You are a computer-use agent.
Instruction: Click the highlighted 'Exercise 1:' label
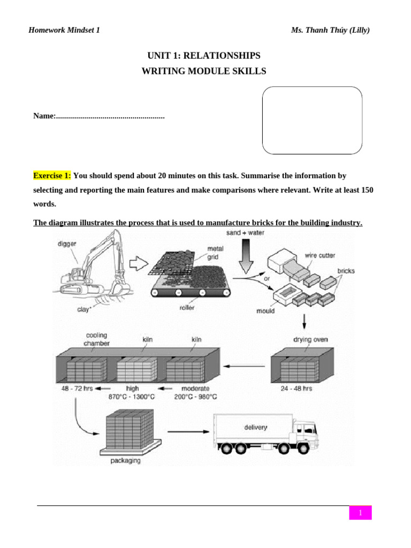click(x=52, y=176)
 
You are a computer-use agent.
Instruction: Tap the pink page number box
click(x=361, y=513)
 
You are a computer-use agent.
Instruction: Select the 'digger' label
click(x=67, y=243)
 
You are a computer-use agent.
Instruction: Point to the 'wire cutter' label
click(x=320, y=255)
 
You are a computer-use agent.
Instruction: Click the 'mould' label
click(x=265, y=310)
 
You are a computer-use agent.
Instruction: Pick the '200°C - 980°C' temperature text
click(x=195, y=397)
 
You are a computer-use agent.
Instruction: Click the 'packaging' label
click(x=126, y=461)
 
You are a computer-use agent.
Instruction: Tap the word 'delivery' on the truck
click(x=256, y=428)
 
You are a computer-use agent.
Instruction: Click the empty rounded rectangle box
click(x=312, y=120)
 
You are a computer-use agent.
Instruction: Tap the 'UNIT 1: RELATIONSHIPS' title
click(x=203, y=56)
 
